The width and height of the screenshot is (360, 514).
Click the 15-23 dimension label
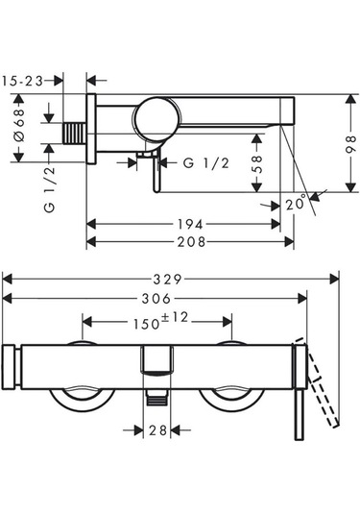pyautogui.click(x=23, y=81)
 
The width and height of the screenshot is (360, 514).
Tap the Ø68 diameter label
pyautogui.click(x=19, y=125)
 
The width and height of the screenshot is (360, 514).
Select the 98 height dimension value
pyautogui.click(x=350, y=143)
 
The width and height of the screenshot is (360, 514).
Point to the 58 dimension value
pyautogui.click(x=257, y=163)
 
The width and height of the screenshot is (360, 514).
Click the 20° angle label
pyautogui.click(x=297, y=204)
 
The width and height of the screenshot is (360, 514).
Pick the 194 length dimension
pyautogui.click(x=190, y=225)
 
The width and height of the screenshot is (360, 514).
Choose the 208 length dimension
pyautogui.click(x=191, y=242)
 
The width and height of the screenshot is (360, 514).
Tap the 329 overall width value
pyautogui.click(x=167, y=280)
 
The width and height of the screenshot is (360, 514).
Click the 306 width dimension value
pyautogui.click(x=156, y=298)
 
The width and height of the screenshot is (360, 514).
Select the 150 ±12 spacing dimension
pyautogui.click(x=160, y=321)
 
